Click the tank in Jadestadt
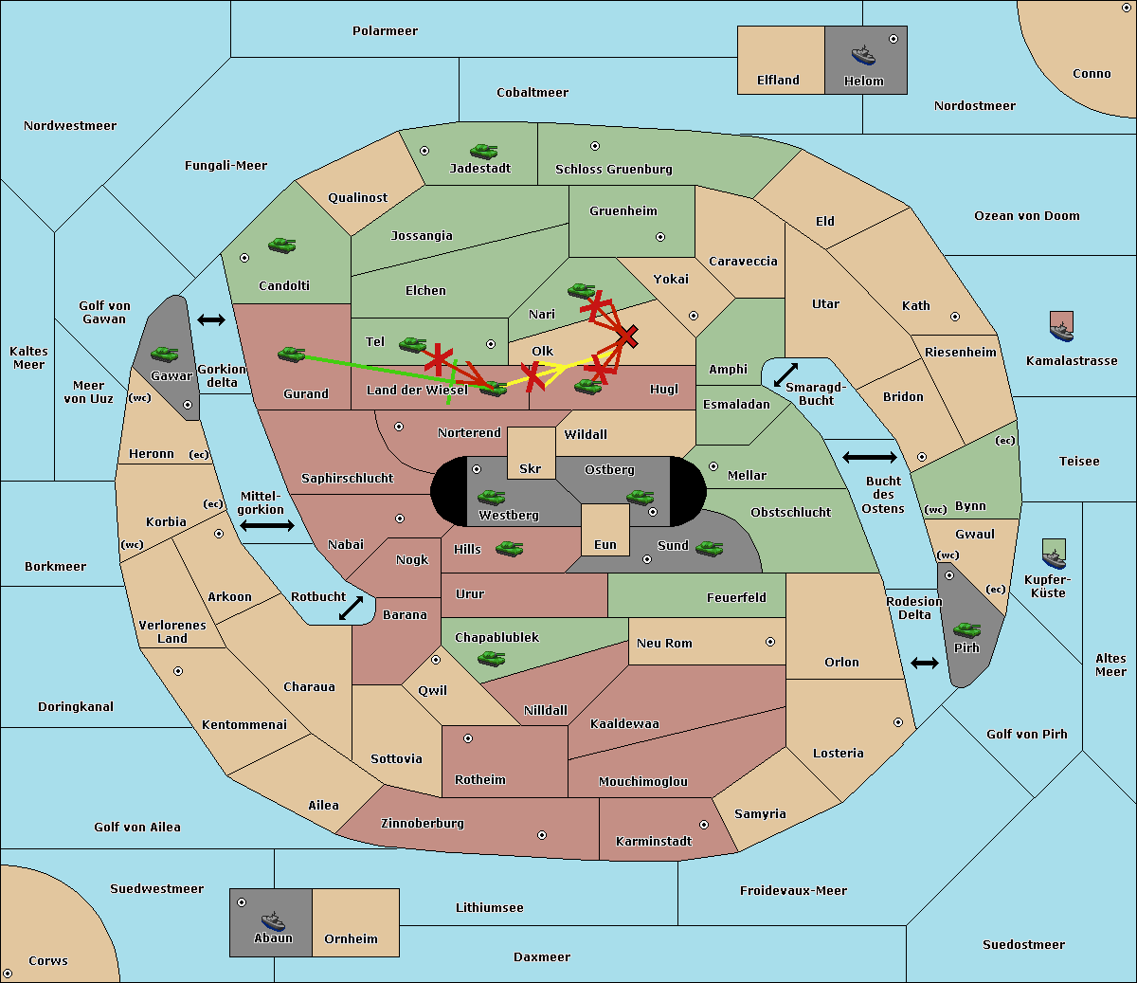pyautogui.click(x=484, y=151)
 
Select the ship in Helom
pyautogui.click(x=863, y=54)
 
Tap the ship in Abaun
pyautogui.click(x=273, y=920)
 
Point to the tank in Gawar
pyautogui.click(x=165, y=355)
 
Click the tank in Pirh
pyautogui.click(x=967, y=630)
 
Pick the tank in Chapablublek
pyautogui.click(x=492, y=658)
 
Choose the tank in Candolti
pyautogui.click(x=281, y=246)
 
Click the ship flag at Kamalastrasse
pyautogui.click(x=1062, y=326)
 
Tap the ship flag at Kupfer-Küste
pyautogui.click(x=1054, y=554)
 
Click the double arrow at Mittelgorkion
pyautogui.click(x=267, y=526)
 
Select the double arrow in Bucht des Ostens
pyautogui.click(x=869, y=458)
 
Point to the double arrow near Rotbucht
pyautogui.click(x=351, y=608)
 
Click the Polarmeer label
pyautogui.click(x=385, y=31)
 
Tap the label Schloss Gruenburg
pyautogui.click(x=613, y=170)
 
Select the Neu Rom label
pyautogui.click(x=664, y=643)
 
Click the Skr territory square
pyautogui.click(x=531, y=453)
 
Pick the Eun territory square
pyautogui.click(x=605, y=529)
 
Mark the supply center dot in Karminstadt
pyautogui.click(x=704, y=825)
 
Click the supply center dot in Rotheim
pyautogui.click(x=468, y=737)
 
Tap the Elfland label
pyautogui.click(x=778, y=81)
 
